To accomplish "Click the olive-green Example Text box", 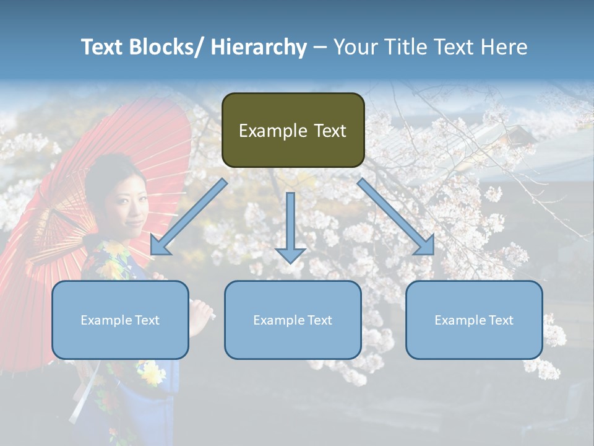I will click(x=293, y=130).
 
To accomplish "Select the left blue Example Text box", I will click(x=120, y=320).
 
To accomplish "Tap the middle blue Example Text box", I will click(x=293, y=320).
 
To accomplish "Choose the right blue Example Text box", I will click(x=474, y=320).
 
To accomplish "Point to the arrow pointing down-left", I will click(x=189, y=217).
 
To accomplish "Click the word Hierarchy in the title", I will click(x=259, y=47).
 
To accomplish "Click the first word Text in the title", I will click(x=103, y=47).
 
